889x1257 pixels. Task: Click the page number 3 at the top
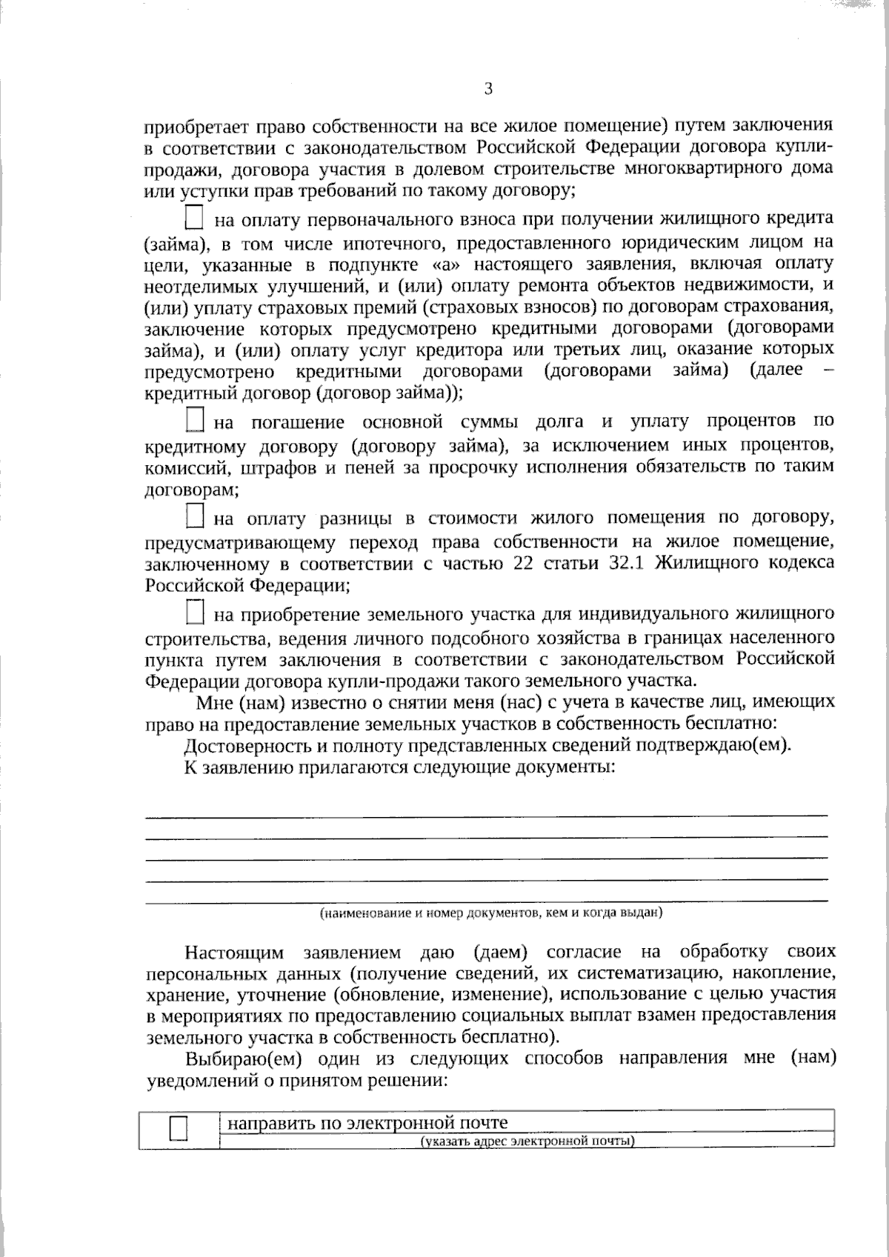click(x=488, y=89)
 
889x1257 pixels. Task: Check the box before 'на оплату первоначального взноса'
click(x=193, y=219)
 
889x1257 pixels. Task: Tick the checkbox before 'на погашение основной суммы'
click(x=194, y=420)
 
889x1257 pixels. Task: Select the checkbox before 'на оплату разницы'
click(x=194, y=516)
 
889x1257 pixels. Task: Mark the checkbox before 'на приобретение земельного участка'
click(x=194, y=613)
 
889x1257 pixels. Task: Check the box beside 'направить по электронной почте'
click(x=179, y=1128)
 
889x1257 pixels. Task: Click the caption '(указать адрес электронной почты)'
click(x=527, y=1141)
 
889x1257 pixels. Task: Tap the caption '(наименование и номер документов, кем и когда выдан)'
click(x=490, y=913)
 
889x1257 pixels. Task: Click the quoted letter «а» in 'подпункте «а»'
click(x=444, y=264)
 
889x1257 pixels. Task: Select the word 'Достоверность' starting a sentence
click(x=240, y=744)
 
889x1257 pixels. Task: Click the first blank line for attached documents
click(x=486, y=816)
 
